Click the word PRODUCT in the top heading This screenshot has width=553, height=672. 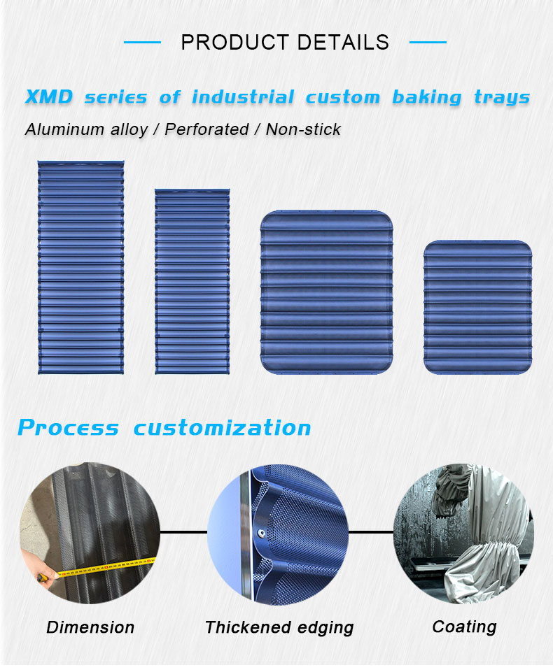point(235,43)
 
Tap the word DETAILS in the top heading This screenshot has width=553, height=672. point(343,43)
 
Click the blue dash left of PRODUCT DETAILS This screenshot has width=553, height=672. point(142,42)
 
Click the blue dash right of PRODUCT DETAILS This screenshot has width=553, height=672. point(428,42)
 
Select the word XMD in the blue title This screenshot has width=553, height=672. point(49,96)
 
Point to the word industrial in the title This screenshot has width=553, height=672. point(243,97)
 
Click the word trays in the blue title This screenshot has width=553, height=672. point(502,98)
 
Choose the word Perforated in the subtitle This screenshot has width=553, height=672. point(206,129)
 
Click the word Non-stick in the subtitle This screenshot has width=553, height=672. point(303,129)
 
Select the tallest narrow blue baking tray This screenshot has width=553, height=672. point(81,267)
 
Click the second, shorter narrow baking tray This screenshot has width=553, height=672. point(192,282)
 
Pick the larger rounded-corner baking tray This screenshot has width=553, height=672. point(326,292)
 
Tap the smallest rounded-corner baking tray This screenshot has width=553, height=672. point(477,307)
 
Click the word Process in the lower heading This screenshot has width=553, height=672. point(68,428)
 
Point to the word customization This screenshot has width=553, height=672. point(222,428)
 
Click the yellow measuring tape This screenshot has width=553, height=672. point(103,568)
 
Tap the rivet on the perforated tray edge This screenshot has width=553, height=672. point(260,533)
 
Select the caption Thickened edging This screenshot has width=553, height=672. point(279,627)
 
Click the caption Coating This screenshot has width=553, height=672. point(464,627)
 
